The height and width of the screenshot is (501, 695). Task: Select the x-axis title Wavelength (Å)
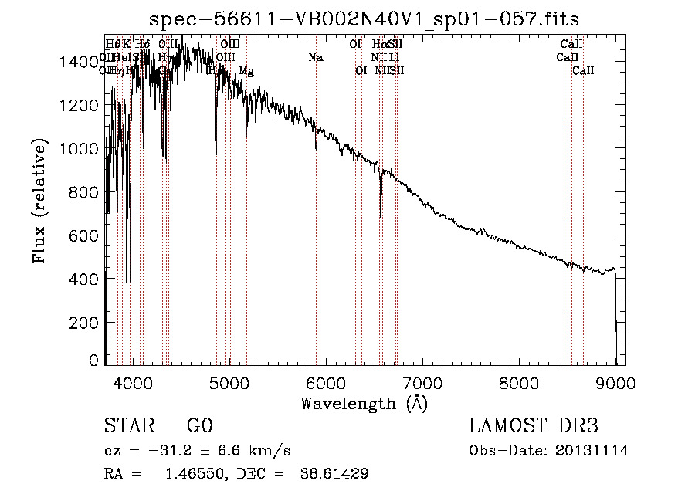[364, 402]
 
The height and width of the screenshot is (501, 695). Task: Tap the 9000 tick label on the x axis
[615, 381]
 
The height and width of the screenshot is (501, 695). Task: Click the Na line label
[315, 58]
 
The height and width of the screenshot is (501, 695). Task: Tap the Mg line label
[246, 71]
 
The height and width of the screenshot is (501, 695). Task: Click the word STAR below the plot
[128, 425]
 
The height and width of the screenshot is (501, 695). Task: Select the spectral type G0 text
[199, 425]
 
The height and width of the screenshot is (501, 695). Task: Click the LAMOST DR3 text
[534, 425]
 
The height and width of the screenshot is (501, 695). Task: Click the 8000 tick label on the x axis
[518, 381]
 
